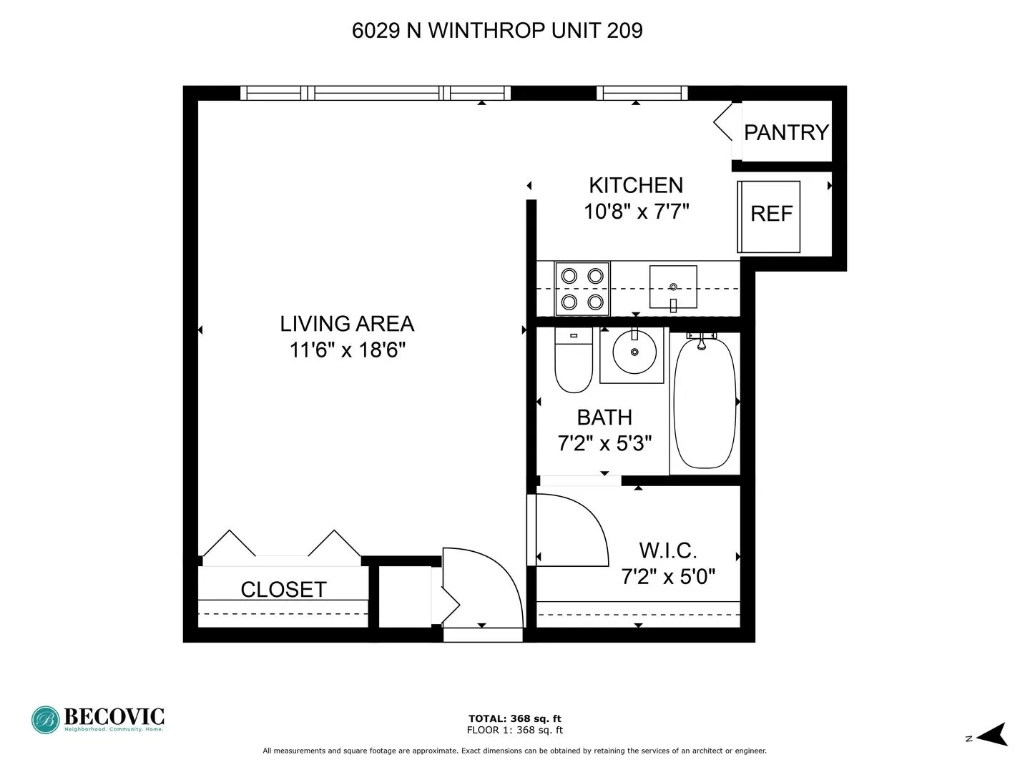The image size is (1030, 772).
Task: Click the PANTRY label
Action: [x=785, y=132]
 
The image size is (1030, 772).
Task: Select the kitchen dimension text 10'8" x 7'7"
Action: [x=636, y=212]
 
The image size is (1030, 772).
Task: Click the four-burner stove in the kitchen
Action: [x=582, y=288]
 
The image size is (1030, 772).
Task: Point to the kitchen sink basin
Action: [x=673, y=287]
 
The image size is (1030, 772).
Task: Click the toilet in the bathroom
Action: [x=574, y=362]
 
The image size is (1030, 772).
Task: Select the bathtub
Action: [x=705, y=403]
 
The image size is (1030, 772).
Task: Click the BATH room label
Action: [x=604, y=417]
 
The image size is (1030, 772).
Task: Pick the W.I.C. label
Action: [x=667, y=550]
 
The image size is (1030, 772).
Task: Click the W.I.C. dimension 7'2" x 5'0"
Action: [x=668, y=576]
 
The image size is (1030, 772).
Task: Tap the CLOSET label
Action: [x=283, y=589]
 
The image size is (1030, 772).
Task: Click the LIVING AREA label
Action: [x=347, y=324]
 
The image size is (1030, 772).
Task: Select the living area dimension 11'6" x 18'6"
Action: [x=347, y=350]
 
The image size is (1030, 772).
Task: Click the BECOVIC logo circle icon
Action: [x=45, y=720]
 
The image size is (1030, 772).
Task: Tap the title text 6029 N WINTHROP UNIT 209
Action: [x=497, y=31]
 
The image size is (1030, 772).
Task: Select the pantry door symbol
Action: [x=724, y=122]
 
